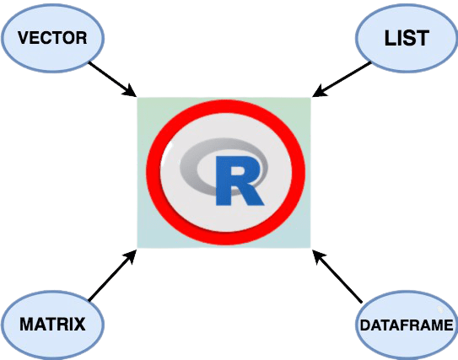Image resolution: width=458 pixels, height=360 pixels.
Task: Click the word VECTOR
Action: [x=52, y=38]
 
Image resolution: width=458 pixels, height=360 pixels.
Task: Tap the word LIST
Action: [x=407, y=38]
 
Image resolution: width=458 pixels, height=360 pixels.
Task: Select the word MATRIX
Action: [x=52, y=324]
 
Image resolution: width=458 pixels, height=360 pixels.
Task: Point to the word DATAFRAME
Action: [x=407, y=325]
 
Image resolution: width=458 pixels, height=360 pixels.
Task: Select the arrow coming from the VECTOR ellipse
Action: [x=112, y=79]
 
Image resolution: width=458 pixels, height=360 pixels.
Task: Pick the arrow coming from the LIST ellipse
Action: [x=341, y=79]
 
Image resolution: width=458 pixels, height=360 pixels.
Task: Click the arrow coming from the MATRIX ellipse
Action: [x=112, y=275]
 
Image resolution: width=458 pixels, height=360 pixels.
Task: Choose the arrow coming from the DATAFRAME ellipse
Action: [x=337, y=277]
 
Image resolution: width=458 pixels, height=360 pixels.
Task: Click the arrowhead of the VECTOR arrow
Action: [x=130, y=91]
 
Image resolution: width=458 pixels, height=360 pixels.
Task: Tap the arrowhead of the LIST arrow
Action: [x=320, y=91]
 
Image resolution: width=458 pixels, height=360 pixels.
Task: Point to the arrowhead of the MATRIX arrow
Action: [x=130, y=256]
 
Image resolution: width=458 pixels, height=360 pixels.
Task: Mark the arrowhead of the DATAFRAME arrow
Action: [x=318, y=256]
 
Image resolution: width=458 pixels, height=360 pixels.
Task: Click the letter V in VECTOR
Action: [x=23, y=38]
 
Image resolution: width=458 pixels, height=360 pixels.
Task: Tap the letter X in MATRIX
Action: [x=80, y=324]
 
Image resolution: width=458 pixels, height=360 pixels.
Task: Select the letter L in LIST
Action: [x=389, y=38]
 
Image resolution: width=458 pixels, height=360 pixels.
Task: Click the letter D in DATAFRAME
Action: [x=365, y=325]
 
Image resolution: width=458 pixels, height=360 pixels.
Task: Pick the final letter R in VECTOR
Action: [x=82, y=38]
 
